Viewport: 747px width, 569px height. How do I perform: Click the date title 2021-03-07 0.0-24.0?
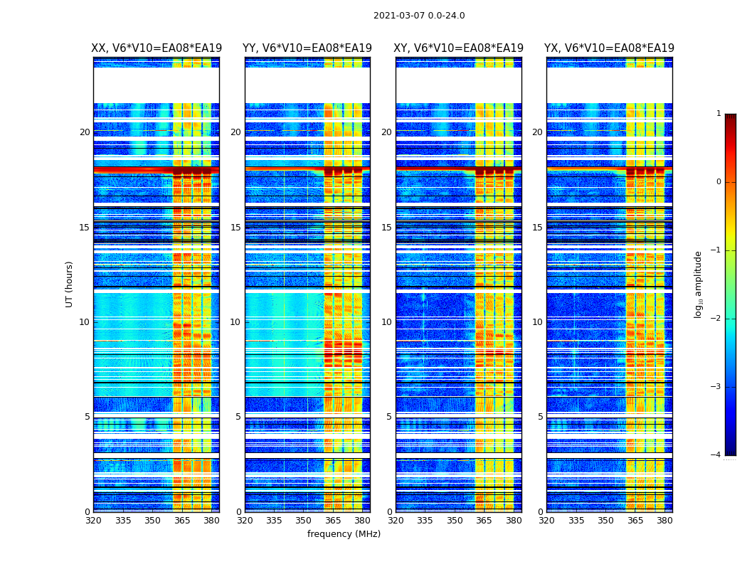point(419,16)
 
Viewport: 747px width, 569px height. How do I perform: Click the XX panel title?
point(157,48)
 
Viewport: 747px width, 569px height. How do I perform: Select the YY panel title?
point(307,48)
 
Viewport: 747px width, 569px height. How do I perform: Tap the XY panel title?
point(459,48)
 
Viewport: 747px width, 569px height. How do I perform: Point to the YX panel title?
point(610,48)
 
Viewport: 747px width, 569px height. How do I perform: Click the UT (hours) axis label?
point(69,284)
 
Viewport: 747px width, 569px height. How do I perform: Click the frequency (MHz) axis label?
point(344,534)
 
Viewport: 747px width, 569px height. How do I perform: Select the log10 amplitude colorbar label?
point(699,284)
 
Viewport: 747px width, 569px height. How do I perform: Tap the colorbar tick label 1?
point(719,114)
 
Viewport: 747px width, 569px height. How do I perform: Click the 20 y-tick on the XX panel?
point(85,132)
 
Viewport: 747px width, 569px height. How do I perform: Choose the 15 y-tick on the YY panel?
point(235,228)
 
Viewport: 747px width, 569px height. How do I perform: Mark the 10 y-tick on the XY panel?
point(386,322)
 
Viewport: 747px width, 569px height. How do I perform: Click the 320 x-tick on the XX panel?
point(93,521)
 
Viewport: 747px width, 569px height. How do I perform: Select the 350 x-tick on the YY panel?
point(304,521)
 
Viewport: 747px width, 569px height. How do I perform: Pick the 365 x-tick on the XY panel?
point(484,521)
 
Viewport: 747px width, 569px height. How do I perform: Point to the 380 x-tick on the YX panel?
point(664,521)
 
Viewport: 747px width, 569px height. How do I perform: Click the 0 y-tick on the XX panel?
point(88,512)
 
